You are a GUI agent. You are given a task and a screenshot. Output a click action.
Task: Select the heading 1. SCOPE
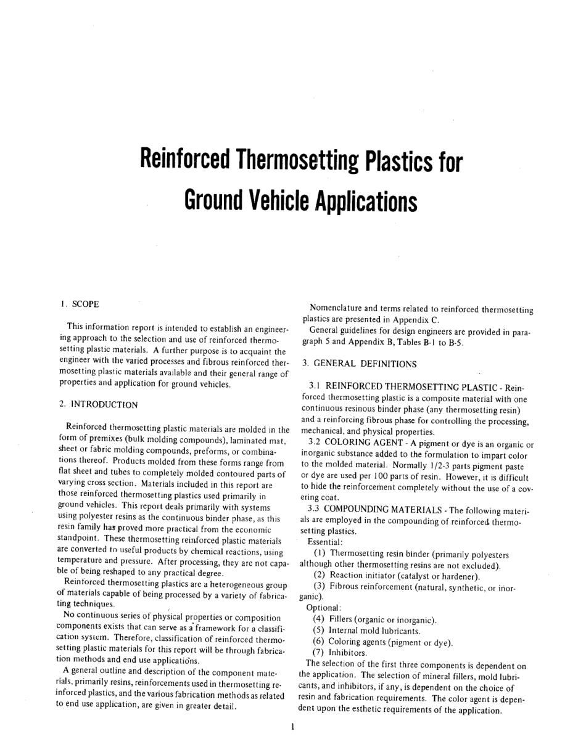click(x=80, y=304)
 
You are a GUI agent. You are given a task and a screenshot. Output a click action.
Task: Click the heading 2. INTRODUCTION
click(x=99, y=404)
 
